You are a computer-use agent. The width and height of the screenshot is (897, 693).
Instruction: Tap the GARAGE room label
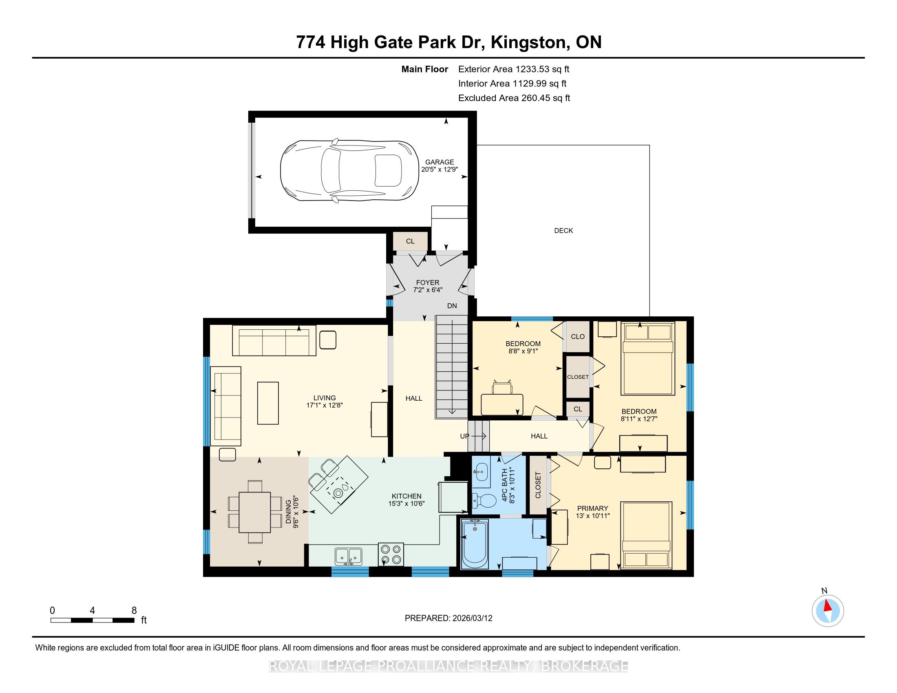coord(440,162)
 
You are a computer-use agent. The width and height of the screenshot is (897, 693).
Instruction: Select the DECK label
coord(563,231)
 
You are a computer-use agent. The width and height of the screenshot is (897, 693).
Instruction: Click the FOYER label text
coord(428,282)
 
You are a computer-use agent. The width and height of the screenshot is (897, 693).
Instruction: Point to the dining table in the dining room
coord(255,512)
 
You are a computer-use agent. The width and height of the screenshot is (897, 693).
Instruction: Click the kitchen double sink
coord(349,556)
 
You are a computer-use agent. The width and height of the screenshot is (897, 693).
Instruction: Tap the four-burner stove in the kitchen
coord(391,554)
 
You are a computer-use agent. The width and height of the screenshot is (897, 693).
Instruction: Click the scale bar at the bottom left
coord(93,620)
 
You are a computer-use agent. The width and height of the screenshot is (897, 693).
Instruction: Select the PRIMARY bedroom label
coord(593,508)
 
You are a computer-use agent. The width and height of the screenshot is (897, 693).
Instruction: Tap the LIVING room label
coord(325,398)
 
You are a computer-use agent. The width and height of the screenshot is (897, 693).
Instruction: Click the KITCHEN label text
coord(406,496)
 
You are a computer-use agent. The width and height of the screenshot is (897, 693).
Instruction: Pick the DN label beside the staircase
coord(452,306)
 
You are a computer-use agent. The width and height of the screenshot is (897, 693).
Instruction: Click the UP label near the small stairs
coord(464,436)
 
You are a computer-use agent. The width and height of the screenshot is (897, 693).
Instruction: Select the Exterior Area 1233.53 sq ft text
coord(514,69)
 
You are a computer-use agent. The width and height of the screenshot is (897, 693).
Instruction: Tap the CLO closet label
coord(578,337)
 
